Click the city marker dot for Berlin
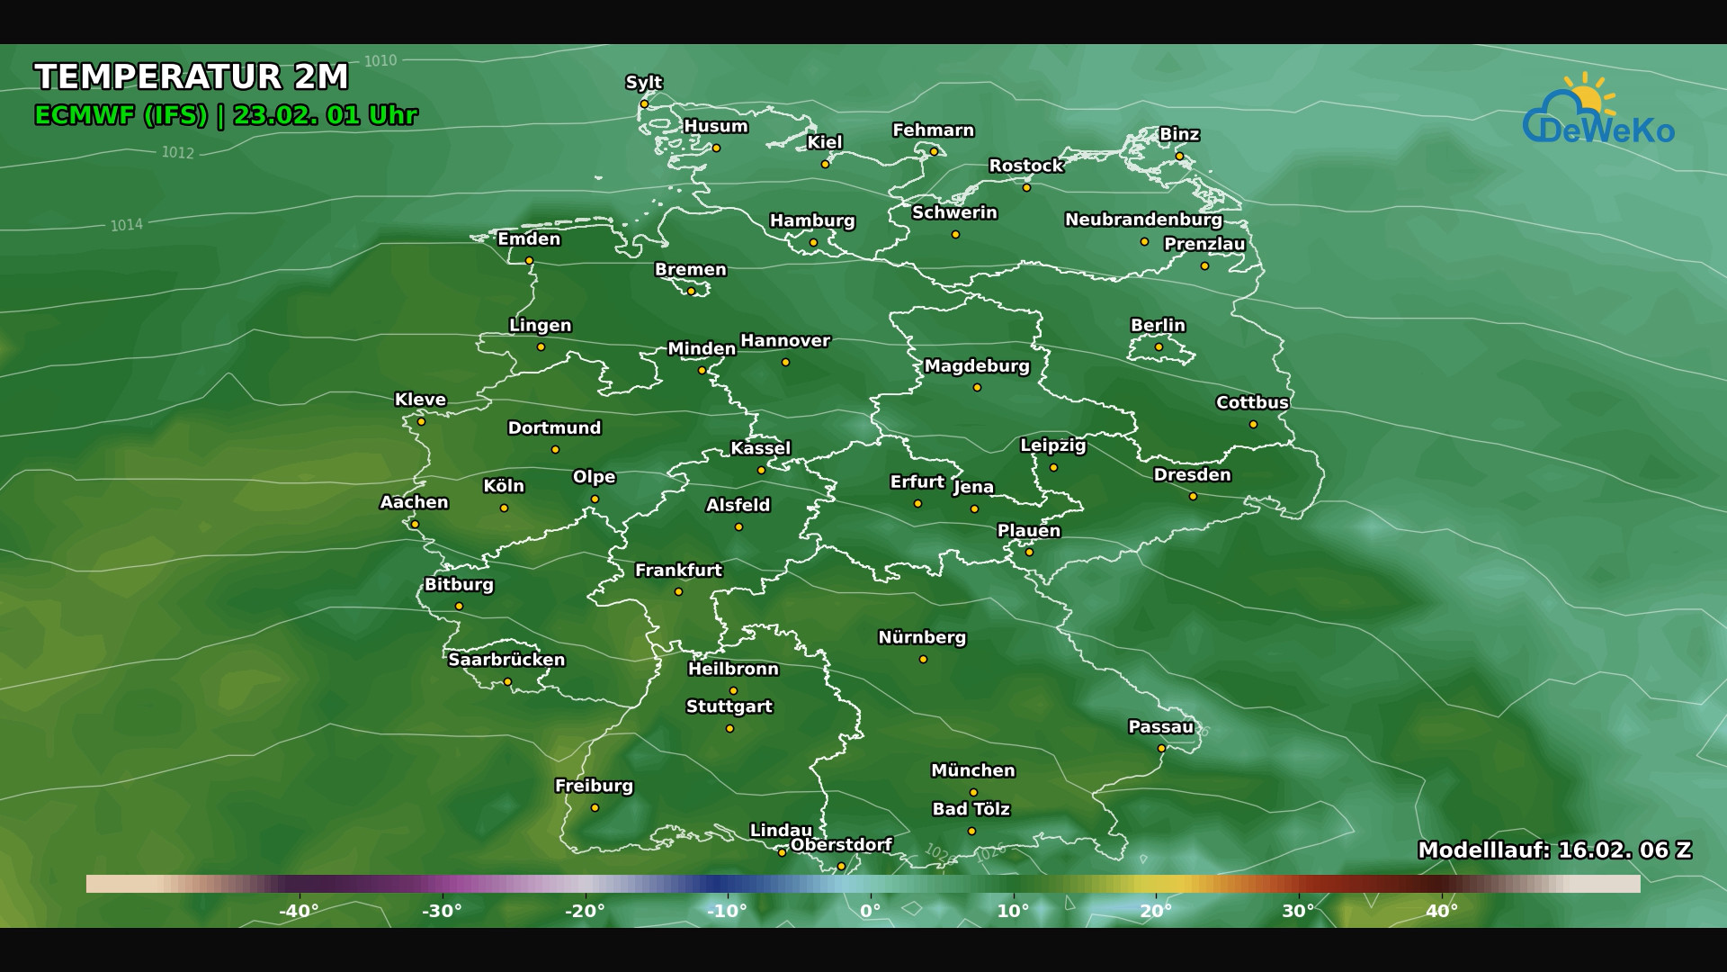point(1159,347)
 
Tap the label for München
point(972,771)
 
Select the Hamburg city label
point(812,220)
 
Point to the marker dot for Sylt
point(644,104)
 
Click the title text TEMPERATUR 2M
point(192,77)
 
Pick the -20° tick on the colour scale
point(585,911)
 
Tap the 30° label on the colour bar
point(1298,911)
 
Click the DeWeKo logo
point(1598,112)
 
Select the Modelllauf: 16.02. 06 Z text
point(1554,850)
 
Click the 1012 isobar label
point(178,153)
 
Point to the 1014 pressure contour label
point(127,225)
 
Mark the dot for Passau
point(1161,749)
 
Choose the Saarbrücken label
point(506,660)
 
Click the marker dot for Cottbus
point(1253,425)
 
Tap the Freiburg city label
point(594,786)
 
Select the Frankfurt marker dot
point(678,592)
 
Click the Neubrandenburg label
point(1143,220)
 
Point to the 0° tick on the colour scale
point(870,911)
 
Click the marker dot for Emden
point(529,261)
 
